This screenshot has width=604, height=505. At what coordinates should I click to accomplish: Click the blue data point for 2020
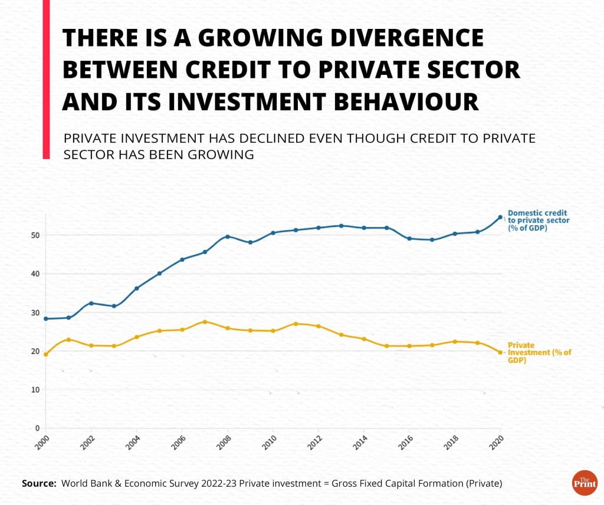501,217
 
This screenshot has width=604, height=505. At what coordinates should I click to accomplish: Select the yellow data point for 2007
205,322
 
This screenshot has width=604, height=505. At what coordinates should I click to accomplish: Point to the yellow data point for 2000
45,354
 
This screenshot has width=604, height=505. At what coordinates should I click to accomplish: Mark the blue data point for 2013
341,226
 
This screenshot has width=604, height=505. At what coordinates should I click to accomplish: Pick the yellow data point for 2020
501,352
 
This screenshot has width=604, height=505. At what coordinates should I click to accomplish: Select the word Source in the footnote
38,484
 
